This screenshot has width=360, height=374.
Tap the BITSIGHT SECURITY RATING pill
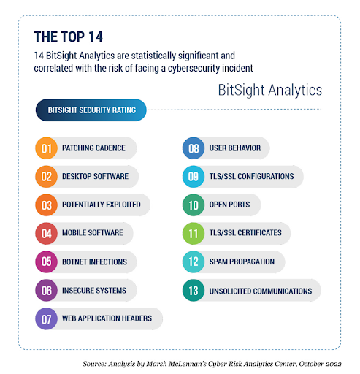91,111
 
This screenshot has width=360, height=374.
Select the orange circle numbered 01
46,148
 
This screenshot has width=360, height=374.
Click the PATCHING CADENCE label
93,148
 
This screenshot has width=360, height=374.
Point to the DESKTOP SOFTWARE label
96,177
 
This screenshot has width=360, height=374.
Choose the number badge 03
46,205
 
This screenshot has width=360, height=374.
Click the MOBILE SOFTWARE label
92,234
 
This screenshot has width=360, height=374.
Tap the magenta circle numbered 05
46,262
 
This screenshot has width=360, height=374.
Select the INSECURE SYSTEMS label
94,291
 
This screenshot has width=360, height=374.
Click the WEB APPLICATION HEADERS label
107,319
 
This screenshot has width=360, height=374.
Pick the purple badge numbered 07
46,319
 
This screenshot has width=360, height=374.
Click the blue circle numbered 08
193,148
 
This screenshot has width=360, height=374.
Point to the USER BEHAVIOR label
234,148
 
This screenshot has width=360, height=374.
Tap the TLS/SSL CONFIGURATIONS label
251,177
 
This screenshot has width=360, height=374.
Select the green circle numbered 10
193,205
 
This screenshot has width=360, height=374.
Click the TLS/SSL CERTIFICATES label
245,234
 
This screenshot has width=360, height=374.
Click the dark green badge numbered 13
193,291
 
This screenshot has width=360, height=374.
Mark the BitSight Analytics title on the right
270,90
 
